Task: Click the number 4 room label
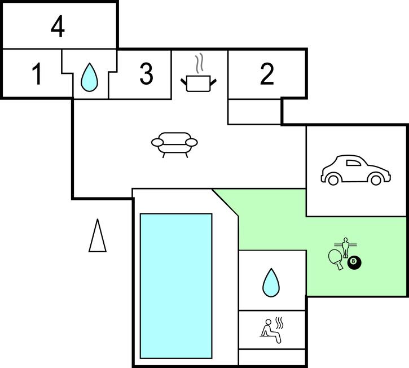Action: point(58,27)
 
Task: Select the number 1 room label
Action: point(37,75)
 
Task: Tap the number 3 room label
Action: point(146,75)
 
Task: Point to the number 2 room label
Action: point(267,75)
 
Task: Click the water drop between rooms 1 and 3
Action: point(88,77)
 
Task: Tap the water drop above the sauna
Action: point(271,283)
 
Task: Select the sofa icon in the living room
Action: point(175,143)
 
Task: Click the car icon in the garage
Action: point(355,169)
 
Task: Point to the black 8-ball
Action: point(354,262)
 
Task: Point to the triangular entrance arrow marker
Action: point(98,235)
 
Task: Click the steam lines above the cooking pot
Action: point(199,62)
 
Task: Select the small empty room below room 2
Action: point(254,112)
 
